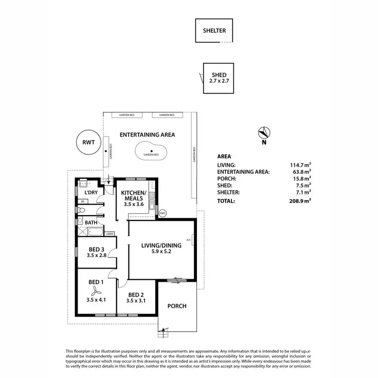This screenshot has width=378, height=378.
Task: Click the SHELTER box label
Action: click(x=214, y=31)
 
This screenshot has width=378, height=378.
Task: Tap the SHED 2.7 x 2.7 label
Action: click(x=219, y=78)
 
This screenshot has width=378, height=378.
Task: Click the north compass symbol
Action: click(x=264, y=133)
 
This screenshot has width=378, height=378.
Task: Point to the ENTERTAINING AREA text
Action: click(x=147, y=135)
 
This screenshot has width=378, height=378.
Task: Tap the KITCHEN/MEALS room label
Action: click(x=134, y=198)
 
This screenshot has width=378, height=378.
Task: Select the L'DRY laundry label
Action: click(x=91, y=193)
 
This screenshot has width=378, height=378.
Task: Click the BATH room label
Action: click(x=91, y=222)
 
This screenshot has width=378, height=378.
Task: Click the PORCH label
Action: click(x=176, y=306)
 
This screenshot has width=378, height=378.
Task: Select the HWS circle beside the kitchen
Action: click(x=162, y=213)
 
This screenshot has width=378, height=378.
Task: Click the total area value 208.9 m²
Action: click(x=301, y=201)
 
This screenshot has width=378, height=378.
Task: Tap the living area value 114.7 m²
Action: click(x=301, y=165)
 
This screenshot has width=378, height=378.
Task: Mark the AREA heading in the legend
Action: click(x=224, y=157)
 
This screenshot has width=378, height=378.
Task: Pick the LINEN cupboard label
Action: click(x=109, y=234)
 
